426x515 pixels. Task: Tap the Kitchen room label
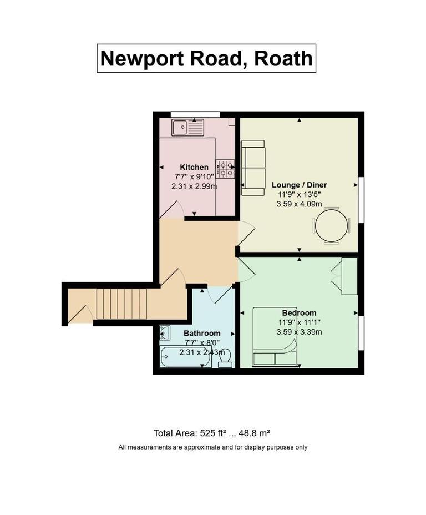tap(194, 167)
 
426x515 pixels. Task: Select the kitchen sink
tap(187, 128)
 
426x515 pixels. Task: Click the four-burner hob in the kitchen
tap(225, 168)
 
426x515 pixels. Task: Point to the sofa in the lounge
tap(252, 168)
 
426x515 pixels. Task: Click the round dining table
tap(332, 225)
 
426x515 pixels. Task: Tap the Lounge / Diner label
tap(299, 185)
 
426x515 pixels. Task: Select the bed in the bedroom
tap(275, 337)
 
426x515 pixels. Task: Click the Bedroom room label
tap(299, 313)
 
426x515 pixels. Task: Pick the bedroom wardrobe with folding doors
tap(348, 276)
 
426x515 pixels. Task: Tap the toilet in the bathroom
tap(225, 360)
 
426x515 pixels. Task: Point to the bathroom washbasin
tap(165, 333)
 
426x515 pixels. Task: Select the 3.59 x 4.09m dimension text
tap(299, 204)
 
